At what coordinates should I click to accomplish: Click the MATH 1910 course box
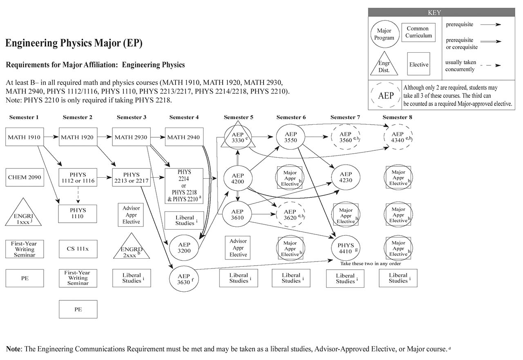(x=25, y=137)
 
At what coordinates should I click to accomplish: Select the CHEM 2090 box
(x=25, y=177)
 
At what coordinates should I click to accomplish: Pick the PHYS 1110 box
(x=78, y=213)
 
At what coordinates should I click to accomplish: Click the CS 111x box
(x=78, y=249)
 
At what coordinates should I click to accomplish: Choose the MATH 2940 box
(x=183, y=137)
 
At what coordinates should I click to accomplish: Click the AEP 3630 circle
(x=184, y=279)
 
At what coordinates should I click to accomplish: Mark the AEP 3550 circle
(x=291, y=137)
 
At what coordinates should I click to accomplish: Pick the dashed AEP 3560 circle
(x=346, y=137)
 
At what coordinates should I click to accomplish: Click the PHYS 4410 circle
(x=346, y=248)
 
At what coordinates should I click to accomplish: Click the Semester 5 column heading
(x=239, y=117)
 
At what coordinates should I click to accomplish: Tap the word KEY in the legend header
(x=434, y=13)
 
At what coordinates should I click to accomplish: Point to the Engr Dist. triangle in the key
(x=384, y=65)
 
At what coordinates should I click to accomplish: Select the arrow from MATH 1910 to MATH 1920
(x=51, y=137)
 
